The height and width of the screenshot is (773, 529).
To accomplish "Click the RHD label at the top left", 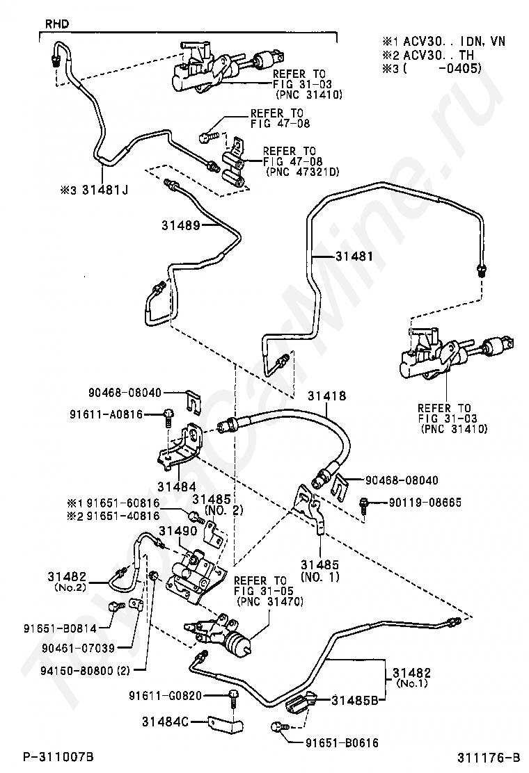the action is (x=57, y=24).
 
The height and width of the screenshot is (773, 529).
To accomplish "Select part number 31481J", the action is (x=104, y=189).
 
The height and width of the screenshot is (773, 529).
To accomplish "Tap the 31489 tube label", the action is (x=180, y=225).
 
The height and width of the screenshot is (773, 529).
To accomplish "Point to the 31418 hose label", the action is (x=326, y=396).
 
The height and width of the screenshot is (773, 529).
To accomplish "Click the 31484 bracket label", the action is (x=177, y=487).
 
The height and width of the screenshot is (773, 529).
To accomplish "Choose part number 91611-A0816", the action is (x=106, y=414).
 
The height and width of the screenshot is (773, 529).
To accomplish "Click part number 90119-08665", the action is (x=425, y=503).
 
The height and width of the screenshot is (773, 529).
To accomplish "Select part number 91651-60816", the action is (x=123, y=503).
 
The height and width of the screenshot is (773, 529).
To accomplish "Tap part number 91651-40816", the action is (x=123, y=516).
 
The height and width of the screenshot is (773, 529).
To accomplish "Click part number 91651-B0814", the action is (x=60, y=628).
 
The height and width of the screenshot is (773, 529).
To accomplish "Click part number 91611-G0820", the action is (x=166, y=696).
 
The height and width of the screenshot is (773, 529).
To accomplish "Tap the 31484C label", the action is (x=166, y=722).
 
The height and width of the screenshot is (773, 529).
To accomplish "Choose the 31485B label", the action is (x=355, y=700).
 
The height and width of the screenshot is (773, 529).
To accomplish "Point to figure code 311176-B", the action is (x=489, y=757).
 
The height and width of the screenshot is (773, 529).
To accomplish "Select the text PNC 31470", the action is (x=270, y=602).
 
